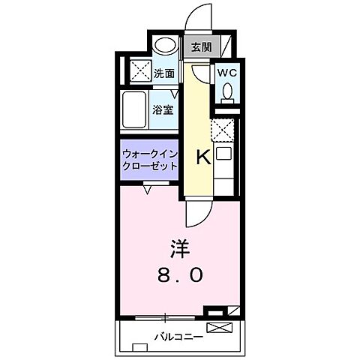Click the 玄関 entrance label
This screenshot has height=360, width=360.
coord(201,46)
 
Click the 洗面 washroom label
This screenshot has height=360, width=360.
coord(164,73)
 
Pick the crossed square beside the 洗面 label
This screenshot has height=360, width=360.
coord(139,73)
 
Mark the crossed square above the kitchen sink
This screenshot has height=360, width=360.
coord(224,131)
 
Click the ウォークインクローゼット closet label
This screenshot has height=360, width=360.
coord(149,160)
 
